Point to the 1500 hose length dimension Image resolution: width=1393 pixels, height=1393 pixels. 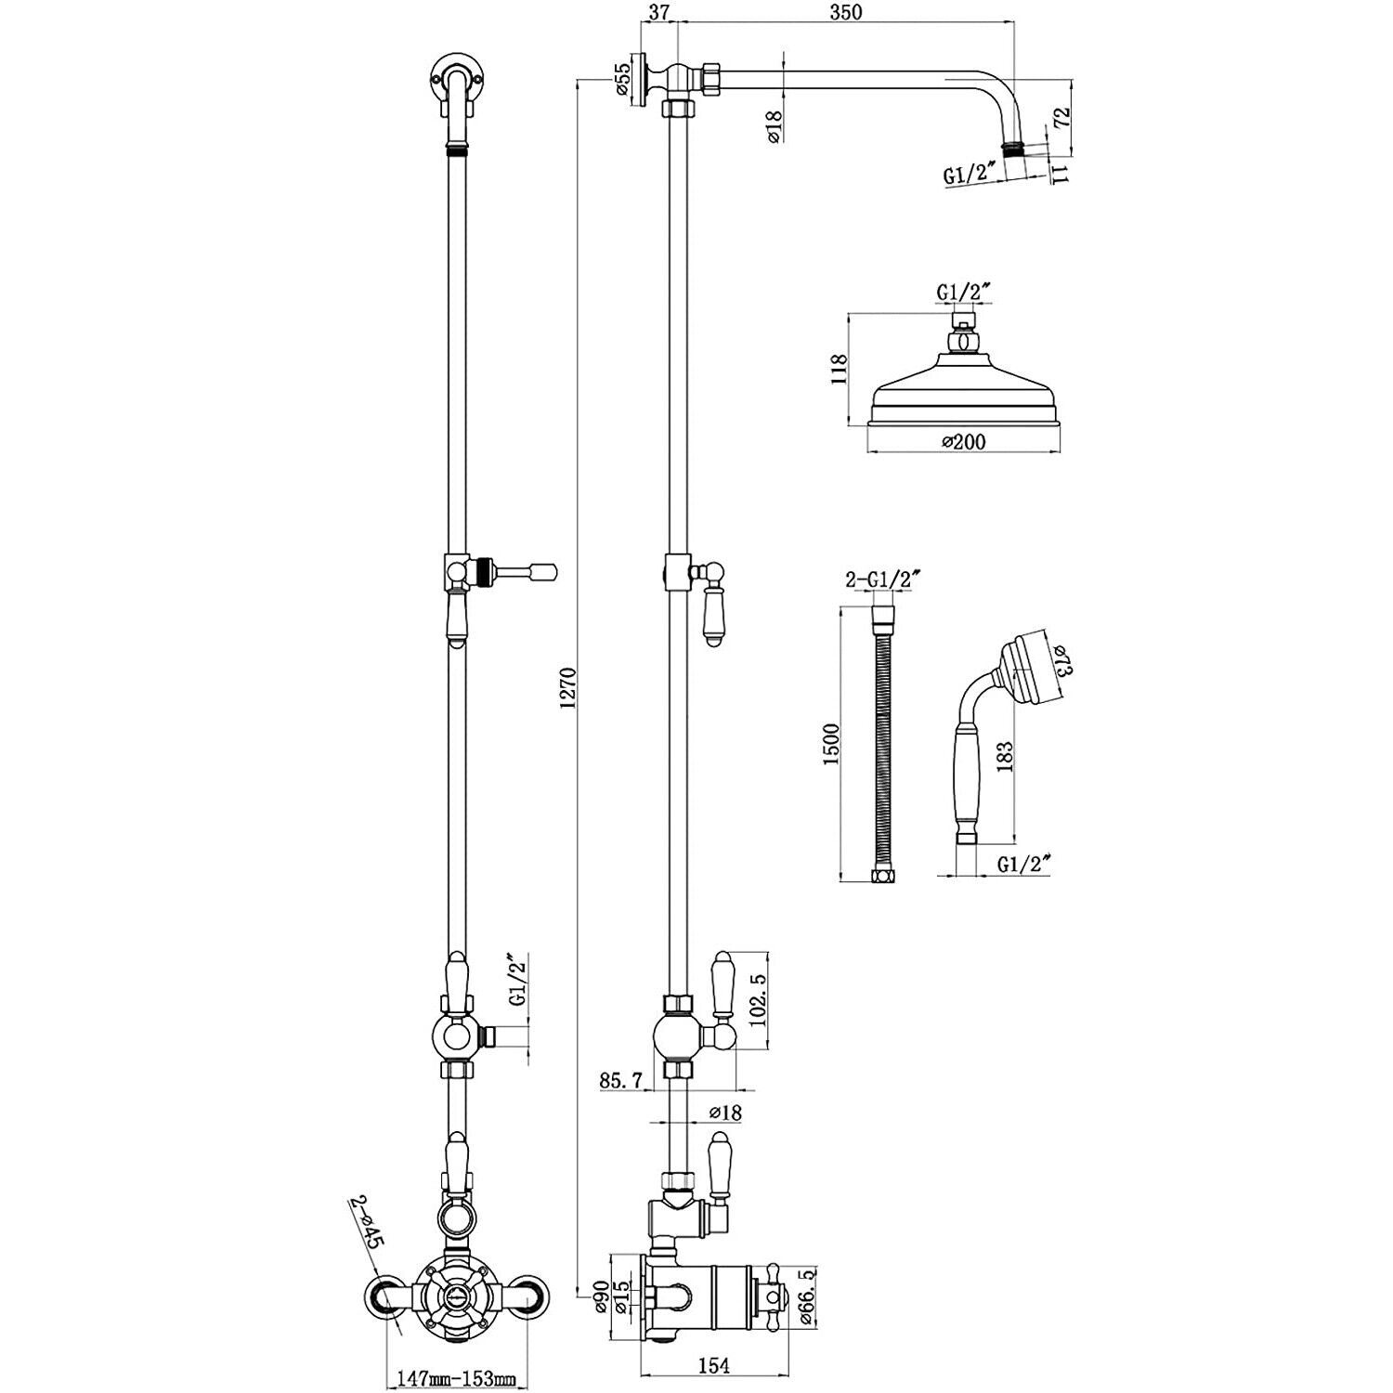831,743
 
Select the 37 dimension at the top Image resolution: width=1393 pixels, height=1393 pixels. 659,12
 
